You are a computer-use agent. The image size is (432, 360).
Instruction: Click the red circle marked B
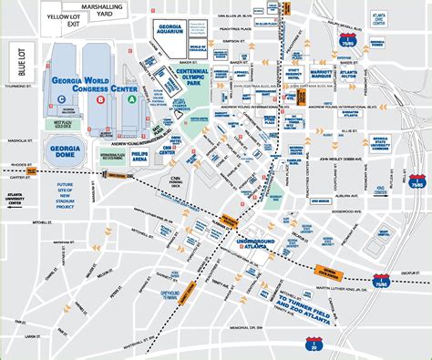[112, 101]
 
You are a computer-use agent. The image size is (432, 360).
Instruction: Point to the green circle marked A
[133, 101]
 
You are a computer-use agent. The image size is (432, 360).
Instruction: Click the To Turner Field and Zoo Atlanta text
[309, 302]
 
